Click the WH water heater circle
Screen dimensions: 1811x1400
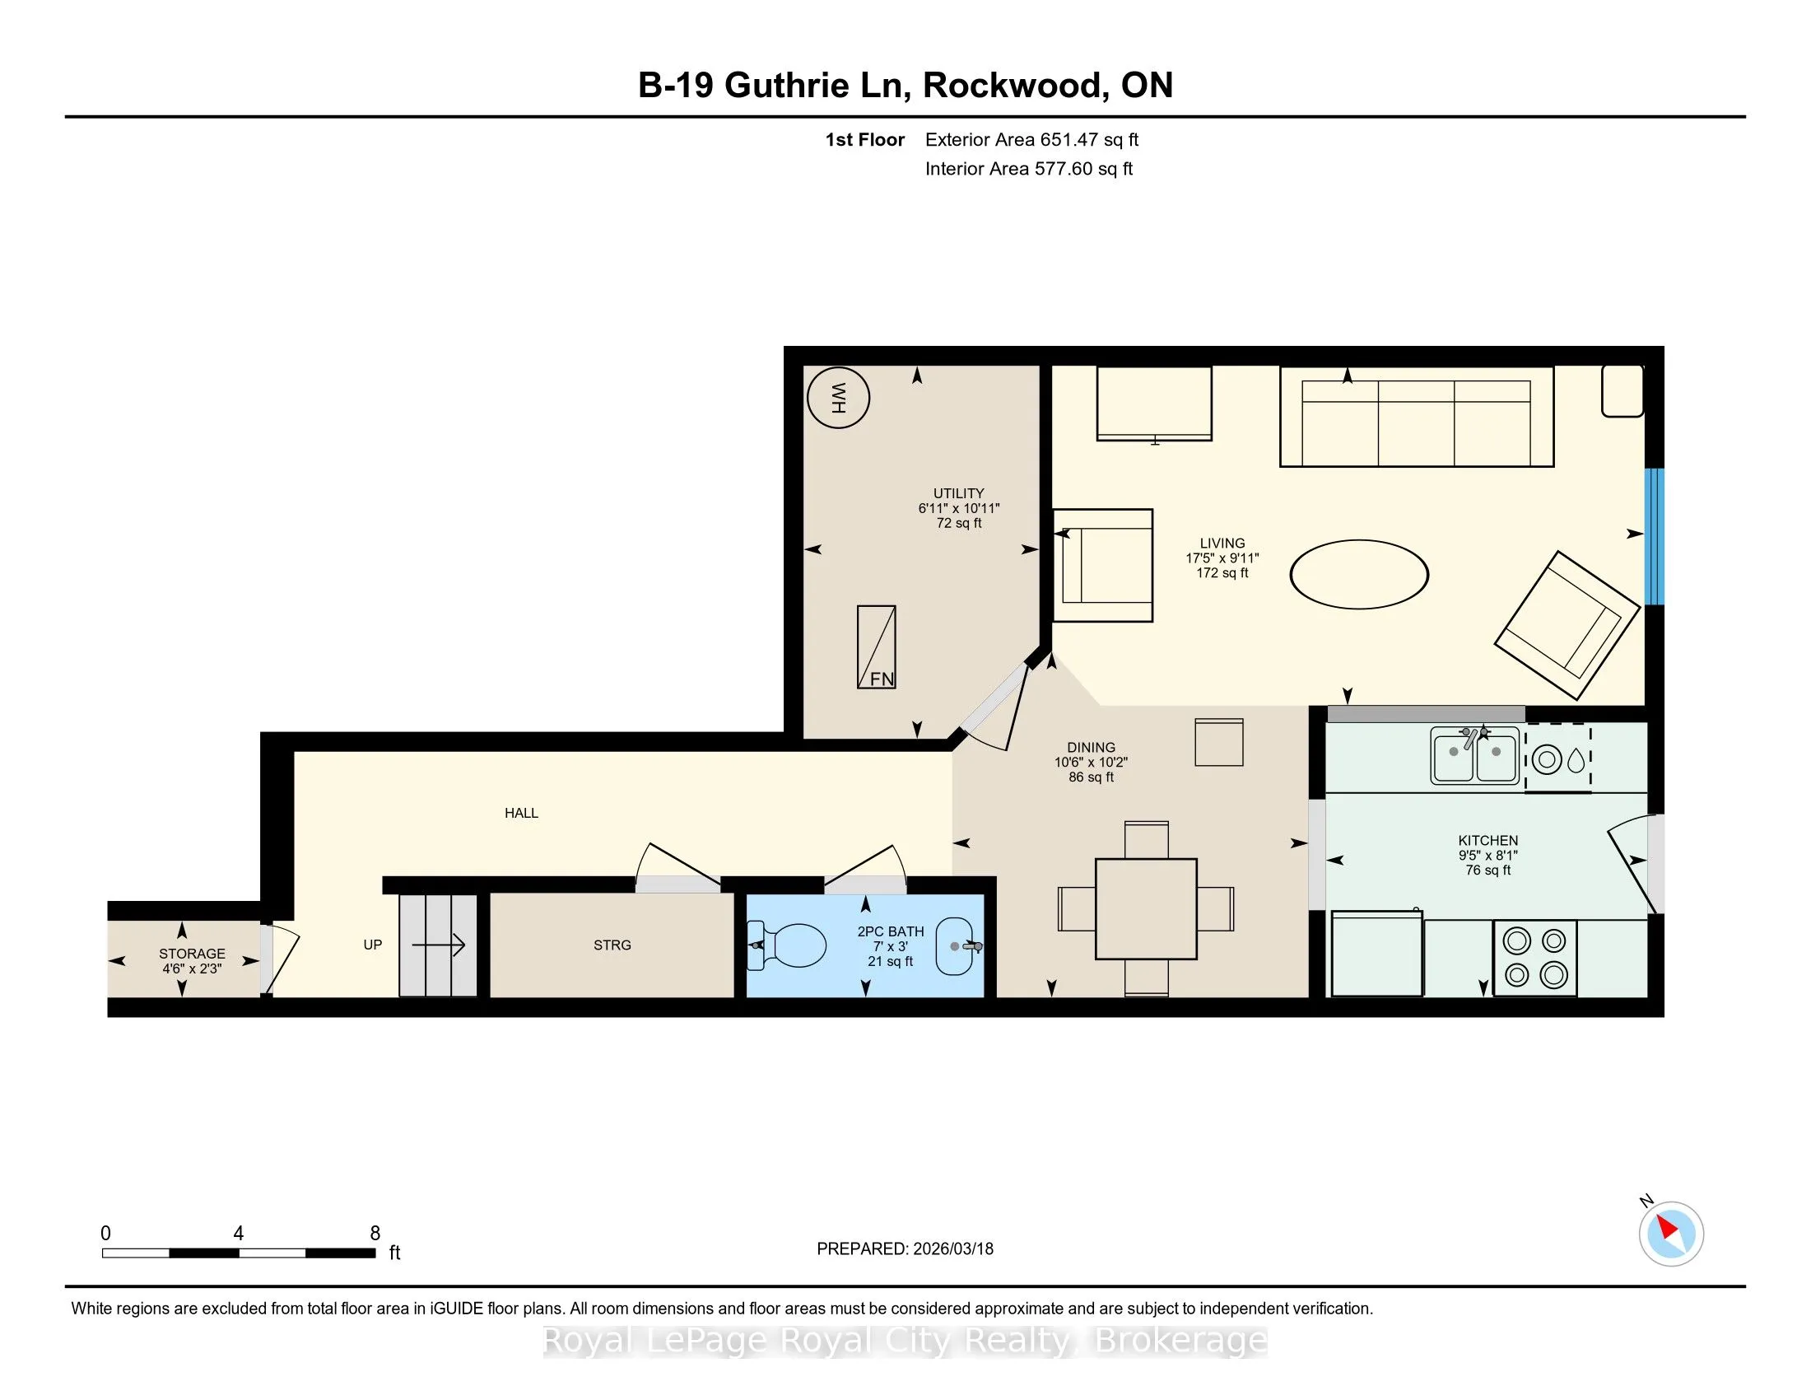(x=838, y=397)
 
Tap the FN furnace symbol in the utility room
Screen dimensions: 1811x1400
(x=877, y=647)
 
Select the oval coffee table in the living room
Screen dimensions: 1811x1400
(x=1359, y=574)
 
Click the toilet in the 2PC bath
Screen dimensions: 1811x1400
(x=787, y=945)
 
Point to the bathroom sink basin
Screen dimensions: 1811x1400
(x=955, y=946)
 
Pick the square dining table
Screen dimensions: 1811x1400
(x=1146, y=909)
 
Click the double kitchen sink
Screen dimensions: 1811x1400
(x=1475, y=754)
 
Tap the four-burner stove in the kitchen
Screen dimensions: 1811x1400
(x=1535, y=957)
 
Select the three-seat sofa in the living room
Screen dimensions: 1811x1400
(x=1417, y=417)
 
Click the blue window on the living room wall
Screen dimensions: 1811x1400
(x=1655, y=537)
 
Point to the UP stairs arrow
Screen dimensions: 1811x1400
(x=440, y=945)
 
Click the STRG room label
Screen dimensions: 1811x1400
(x=612, y=945)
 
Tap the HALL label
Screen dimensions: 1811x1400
(x=522, y=813)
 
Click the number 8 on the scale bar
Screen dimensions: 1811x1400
(x=375, y=1234)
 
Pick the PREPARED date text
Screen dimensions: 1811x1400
(x=905, y=1248)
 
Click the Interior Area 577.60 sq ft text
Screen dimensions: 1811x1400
(x=1029, y=168)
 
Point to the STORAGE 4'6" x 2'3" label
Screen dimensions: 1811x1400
(x=192, y=961)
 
